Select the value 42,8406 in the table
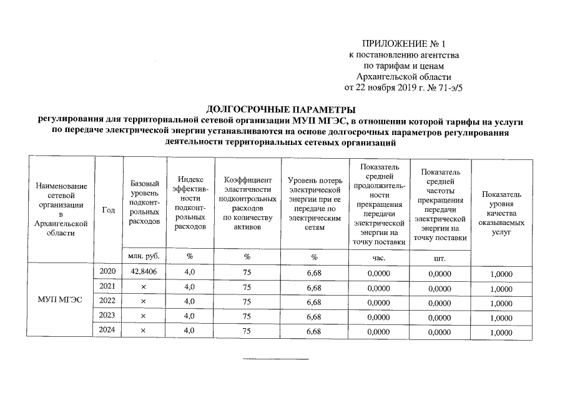143,271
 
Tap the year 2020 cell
107,271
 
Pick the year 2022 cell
107,301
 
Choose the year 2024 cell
107,330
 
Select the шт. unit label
440,257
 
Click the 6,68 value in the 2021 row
314,287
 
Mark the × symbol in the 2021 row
143,286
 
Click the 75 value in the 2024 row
247,331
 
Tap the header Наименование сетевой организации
61,209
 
